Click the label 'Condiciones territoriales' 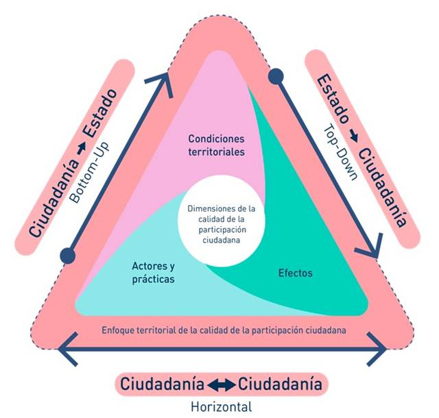click(x=217, y=145)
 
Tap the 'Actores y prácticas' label click(x=152, y=273)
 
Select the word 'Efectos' click(x=296, y=273)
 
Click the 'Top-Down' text click(x=342, y=151)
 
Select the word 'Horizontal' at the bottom click(x=221, y=406)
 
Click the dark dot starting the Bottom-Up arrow click(x=67, y=256)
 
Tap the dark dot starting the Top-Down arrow click(x=275, y=76)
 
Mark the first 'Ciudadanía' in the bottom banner click(x=161, y=384)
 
